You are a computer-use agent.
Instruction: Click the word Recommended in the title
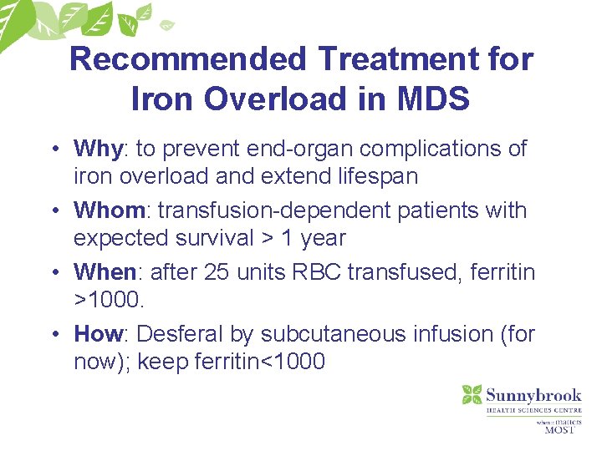188,60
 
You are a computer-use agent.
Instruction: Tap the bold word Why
98,149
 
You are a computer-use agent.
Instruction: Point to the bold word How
98,334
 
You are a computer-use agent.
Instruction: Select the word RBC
317,272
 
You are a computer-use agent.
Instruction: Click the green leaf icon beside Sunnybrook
472,395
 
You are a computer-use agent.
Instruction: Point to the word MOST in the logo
559,430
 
